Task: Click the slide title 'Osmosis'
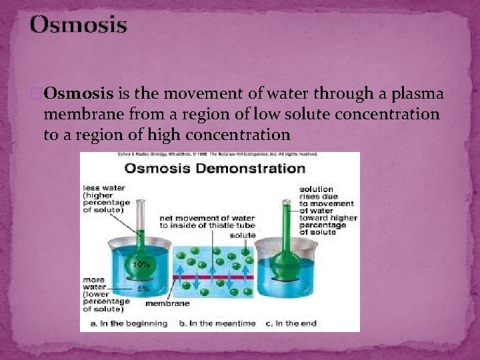78,25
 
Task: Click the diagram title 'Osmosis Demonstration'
215,168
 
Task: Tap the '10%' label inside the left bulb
141,265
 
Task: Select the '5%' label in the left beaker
143,289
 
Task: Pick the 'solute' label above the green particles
242,235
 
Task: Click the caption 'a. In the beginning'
124,323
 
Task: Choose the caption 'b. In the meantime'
217,323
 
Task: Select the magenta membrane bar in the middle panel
213,275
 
